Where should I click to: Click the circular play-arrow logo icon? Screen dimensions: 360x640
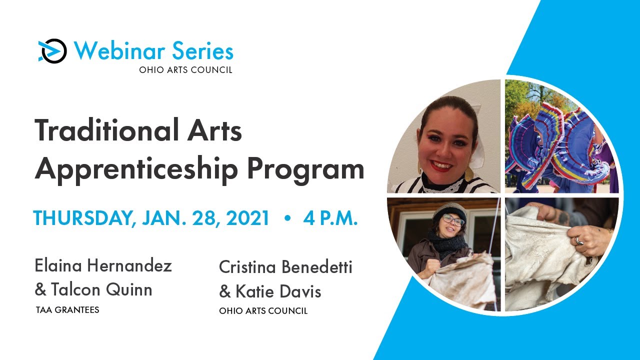[52, 51]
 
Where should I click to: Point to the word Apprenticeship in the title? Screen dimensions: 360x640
[135, 170]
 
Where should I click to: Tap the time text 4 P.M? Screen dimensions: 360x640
[330, 218]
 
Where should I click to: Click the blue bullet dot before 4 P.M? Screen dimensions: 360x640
[287, 219]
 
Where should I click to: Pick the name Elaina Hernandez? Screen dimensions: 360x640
[103, 265]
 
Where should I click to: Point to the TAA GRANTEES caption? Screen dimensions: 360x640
[67, 310]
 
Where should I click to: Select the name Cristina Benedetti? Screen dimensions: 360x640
[285, 267]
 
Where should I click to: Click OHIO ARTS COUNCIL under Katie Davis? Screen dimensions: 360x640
[263, 311]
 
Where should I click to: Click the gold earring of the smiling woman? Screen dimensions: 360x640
[469, 173]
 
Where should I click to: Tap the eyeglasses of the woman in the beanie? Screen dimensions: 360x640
[453, 219]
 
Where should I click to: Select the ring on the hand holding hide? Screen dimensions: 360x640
[578, 241]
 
